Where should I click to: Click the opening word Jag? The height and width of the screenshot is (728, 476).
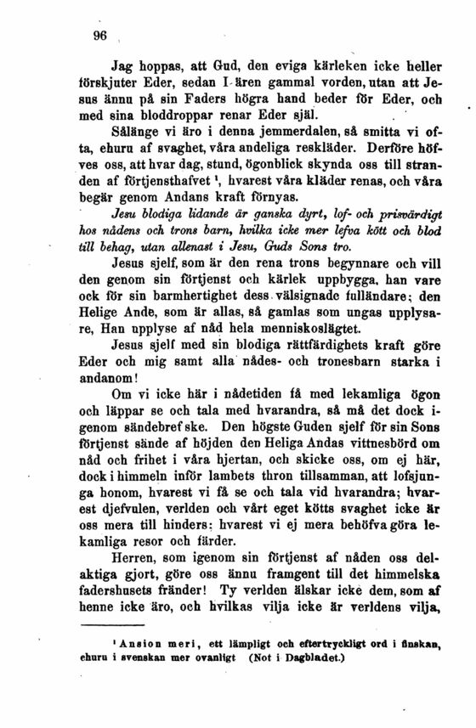click(124, 64)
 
